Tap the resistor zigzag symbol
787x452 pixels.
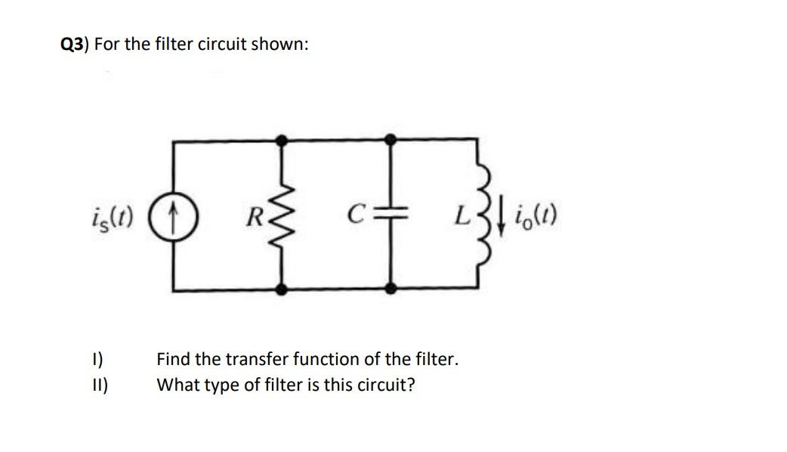pyautogui.click(x=282, y=214)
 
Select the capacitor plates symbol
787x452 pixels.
pyautogui.click(x=390, y=214)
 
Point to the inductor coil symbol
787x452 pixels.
pyautogui.click(x=477, y=214)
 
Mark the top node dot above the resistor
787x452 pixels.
pyautogui.click(x=282, y=139)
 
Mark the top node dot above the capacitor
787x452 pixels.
pyautogui.click(x=390, y=139)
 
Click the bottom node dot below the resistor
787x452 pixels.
pyautogui.click(x=282, y=289)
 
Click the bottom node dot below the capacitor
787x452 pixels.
pyautogui.click(x=390, y=289)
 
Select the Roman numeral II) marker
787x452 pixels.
pyautogui.click(x=100, y=385)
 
